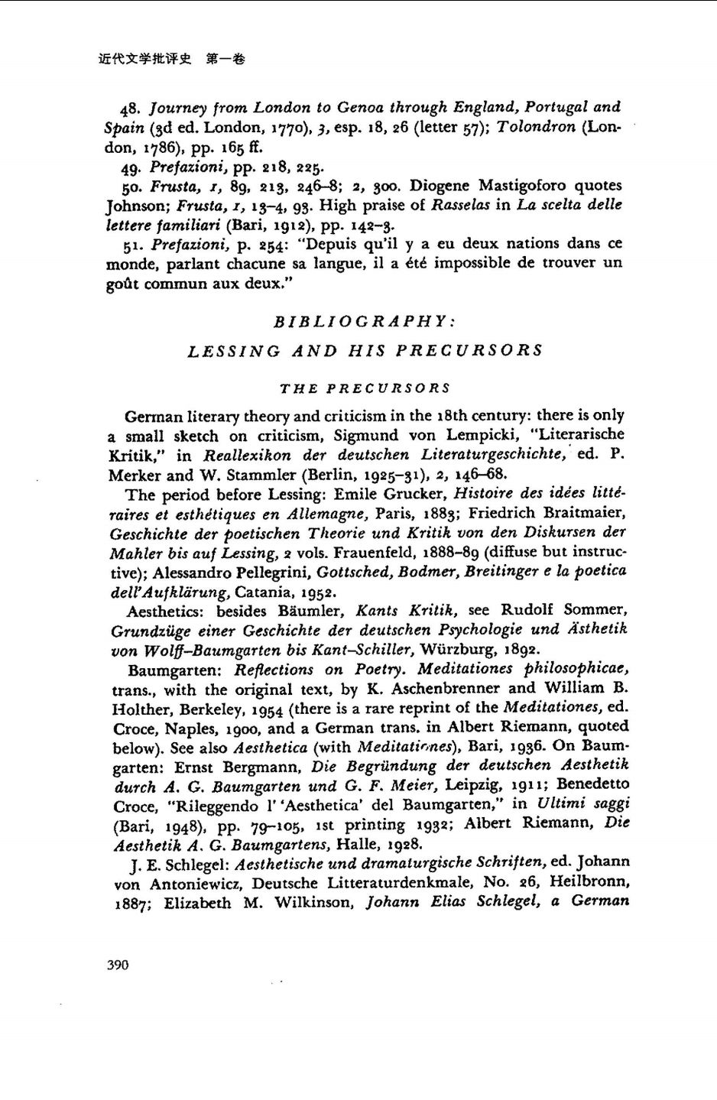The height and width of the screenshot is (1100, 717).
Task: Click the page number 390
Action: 118,965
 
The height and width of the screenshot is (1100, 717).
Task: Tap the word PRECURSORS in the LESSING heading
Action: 469,351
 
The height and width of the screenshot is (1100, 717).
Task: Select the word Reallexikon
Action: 247,456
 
